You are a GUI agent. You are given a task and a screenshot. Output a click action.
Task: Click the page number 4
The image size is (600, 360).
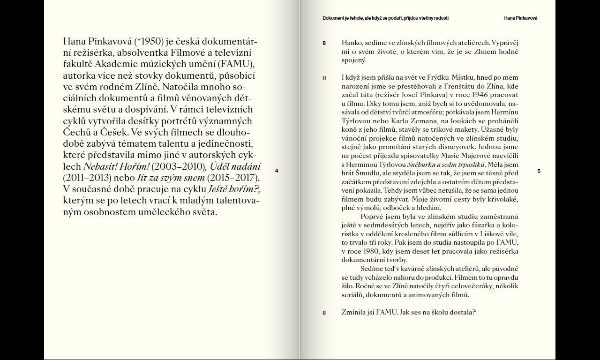277,171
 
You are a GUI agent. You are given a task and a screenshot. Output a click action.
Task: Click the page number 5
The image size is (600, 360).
539,172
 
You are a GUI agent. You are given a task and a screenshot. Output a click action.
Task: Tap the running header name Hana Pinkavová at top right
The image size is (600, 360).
520,18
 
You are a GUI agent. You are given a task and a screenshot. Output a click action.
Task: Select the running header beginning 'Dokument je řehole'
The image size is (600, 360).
385,18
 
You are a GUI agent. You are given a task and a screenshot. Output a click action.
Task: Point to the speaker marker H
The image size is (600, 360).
324,78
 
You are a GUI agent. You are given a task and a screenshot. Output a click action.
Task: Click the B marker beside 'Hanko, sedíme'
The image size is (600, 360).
324,44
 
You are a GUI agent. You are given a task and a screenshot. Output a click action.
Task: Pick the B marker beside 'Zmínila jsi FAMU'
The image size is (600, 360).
324,313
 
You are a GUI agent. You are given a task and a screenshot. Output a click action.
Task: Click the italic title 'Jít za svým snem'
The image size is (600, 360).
171,178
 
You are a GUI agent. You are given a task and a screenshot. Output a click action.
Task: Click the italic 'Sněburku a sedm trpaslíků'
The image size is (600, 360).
447,165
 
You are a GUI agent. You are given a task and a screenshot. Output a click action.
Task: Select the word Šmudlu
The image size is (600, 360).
368,173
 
